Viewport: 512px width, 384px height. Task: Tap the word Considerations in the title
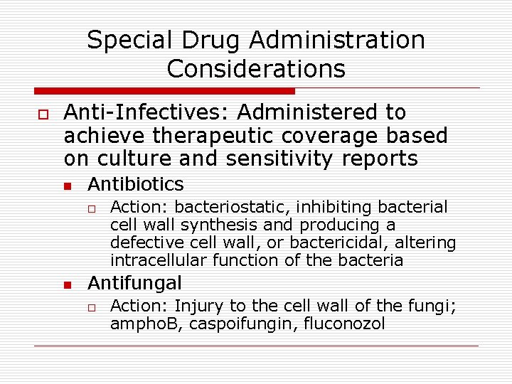click(x=256, y=69)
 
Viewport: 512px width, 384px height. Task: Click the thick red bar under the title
click(x=164, y=91)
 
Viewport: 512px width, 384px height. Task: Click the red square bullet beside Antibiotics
click(x=67, y=186)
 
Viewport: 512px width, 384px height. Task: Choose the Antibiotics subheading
click(x=135, y=185)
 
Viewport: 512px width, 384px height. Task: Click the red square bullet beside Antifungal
click(x=67, y=285)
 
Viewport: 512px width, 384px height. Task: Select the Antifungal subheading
click(x=134, y=284)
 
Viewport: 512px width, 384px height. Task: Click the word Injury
click(x=198, y=306)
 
